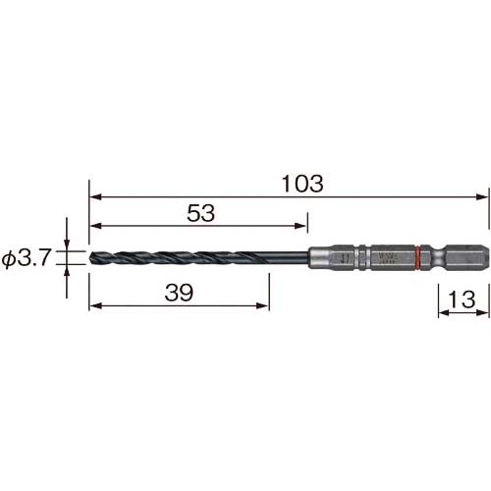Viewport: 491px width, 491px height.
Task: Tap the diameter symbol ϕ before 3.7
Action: click(9, 260)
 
